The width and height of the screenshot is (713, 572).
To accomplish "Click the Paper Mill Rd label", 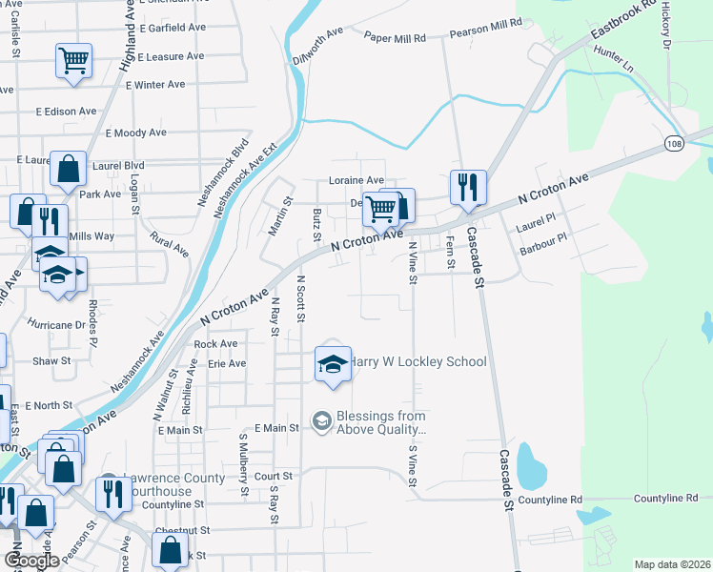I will pos(395,36).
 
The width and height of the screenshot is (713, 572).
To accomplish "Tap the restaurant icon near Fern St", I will pos(468,187).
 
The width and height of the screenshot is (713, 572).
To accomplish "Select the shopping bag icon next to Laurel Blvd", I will pos(69,170).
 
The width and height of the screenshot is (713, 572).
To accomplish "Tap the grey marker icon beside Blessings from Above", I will pos(322,420).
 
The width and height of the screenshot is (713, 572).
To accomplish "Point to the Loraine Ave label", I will pos(356,180).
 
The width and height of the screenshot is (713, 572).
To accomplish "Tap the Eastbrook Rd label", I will pos(624,20).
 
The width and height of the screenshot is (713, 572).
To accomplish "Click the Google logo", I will pos(31,562).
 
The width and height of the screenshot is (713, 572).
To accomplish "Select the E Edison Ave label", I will pos(67,112).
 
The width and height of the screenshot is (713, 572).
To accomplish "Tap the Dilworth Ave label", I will pos(317,45).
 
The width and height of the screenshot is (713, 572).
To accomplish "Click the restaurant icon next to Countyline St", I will pos(113,494).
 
